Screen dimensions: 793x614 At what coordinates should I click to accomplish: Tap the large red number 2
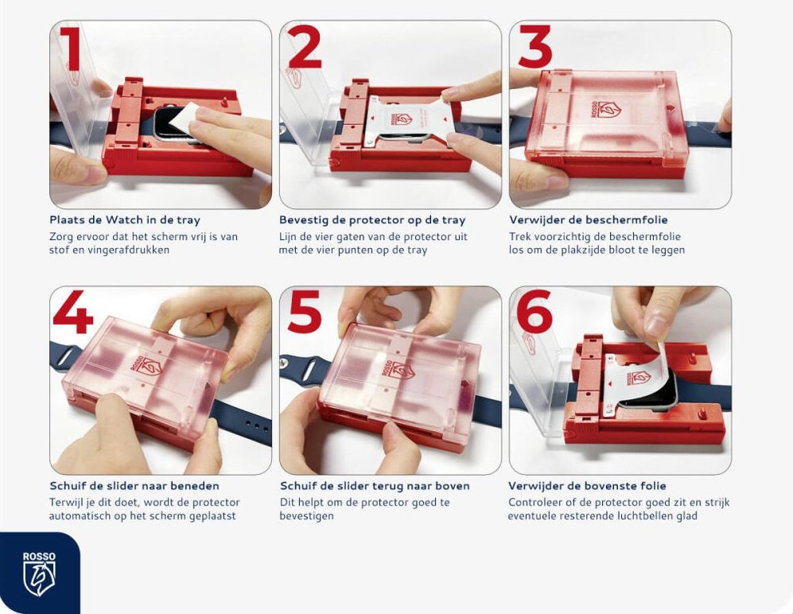305,47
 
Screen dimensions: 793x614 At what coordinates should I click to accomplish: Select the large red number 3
535,47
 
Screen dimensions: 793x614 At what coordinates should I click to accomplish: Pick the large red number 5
305,312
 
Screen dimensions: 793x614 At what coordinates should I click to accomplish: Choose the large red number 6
535,312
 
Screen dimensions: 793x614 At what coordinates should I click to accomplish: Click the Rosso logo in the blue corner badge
40,573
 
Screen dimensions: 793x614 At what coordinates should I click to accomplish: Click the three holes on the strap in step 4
257,426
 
